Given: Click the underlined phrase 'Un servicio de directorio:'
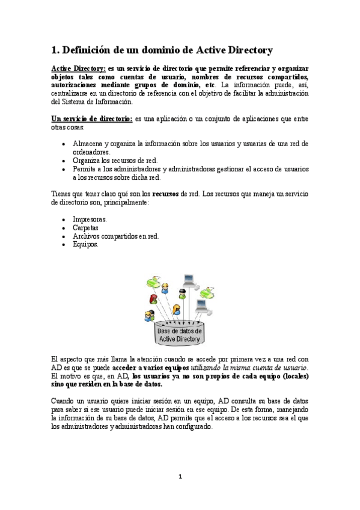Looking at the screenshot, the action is pyautogui.click(x=92, y=120).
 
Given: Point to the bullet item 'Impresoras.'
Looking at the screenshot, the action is pyautogui.click(x=90, y=220).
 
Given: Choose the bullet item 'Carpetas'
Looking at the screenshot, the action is pyautogui.click(x=85, y=228).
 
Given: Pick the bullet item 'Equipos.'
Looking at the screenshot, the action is pyautogui.click(x=85, y=245).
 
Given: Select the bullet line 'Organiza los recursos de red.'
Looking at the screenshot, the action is pyautogui.click(x=115, y=161).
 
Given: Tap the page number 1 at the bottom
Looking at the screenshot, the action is pyautogui.click(x=179, y=477).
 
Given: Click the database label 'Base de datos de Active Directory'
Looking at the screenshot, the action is pyautogui.click(x=179, y=335).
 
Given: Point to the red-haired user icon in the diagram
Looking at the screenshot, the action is pyautogui.click(x=154, y=299).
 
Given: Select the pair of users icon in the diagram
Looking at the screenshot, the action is pyautogui.click(x=149, y=315).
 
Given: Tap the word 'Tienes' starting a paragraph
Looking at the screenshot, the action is pyautogui.click(x=61, y=194).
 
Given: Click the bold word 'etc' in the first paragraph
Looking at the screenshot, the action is pyautogui.click(x=210, y=86).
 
